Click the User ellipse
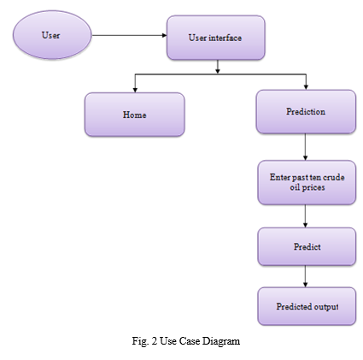(x=52, y=35)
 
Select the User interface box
(x=216, y=38)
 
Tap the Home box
(x=135, y=115)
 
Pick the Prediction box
(x=306, y=111)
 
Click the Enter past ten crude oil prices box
(x=307, y=182)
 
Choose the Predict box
(x=307, y=246)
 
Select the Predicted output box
(x=307, y=306)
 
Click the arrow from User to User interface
(x=129, y=35)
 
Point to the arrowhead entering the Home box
(x=135, y=91)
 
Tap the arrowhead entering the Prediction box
(x=306, y=87)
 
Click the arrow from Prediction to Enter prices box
(x=306, y=147)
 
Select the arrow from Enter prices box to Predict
(x=306, y=216)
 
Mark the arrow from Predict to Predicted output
(x=306, y=276)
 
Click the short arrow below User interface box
(x=218, y=67)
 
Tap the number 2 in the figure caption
(x=155, y=341)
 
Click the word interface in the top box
(x=225, y=38)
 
